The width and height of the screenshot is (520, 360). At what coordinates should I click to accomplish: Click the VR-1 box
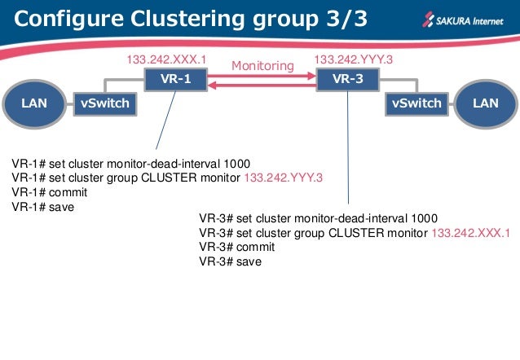[174, 80]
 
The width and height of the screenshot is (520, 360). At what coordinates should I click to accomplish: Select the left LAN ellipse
[34, 103]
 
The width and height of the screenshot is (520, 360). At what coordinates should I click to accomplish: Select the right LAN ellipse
[487, 103]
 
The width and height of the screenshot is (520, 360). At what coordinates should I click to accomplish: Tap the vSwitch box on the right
[416, 103]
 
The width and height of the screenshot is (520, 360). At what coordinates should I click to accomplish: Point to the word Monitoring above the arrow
[262, 65]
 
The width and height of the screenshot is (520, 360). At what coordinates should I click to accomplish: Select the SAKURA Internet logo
[461, 18]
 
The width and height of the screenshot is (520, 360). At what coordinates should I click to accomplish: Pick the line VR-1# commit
[50, 192]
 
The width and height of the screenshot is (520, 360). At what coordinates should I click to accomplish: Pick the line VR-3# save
[230, 261]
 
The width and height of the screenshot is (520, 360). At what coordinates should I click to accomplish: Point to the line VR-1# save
[44, 207]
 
